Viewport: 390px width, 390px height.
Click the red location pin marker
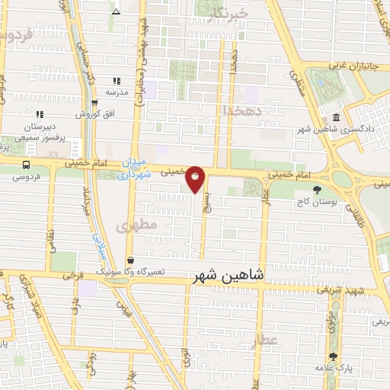(196, 178)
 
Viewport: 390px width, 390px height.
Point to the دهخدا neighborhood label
(243, 110)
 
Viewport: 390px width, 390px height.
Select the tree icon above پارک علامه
(333, 356)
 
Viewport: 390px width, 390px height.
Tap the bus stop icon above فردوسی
(27, 165)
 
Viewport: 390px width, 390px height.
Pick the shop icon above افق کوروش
(94, 103)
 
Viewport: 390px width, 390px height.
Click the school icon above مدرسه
(117, 80)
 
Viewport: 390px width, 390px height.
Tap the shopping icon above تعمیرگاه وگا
(131, 259)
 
